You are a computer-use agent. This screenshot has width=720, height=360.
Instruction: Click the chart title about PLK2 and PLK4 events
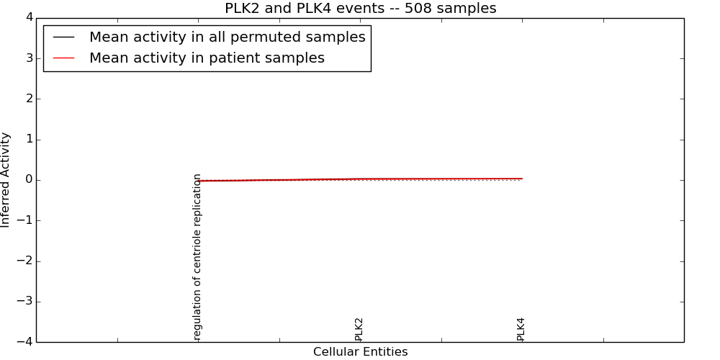[360, 9]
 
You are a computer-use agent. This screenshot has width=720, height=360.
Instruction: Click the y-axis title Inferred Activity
[6, 180]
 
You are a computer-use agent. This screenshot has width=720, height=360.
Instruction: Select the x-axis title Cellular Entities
[360, 352]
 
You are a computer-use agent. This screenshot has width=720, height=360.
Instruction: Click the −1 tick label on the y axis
[24, 220]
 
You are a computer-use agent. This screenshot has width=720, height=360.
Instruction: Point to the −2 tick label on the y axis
[24, 261]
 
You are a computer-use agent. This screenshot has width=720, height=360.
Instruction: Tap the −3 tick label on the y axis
[24, 302]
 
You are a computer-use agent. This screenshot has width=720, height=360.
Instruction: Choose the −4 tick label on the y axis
[24, 342]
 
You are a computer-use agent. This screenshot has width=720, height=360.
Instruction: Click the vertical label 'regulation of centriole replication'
[197, 256]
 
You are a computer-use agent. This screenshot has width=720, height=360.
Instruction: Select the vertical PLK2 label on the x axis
[359, 329]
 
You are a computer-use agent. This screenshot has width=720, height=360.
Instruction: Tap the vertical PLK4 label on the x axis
[521, 329]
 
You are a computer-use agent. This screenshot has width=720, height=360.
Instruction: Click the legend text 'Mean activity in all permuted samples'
[227, 37]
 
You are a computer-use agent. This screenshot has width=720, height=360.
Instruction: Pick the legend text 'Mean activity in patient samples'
[207, 58]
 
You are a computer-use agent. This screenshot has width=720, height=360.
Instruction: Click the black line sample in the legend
[64, 37]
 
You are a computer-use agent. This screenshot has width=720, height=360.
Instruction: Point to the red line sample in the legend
[64, 58]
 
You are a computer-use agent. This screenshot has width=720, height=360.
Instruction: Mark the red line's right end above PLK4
[522, 179]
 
